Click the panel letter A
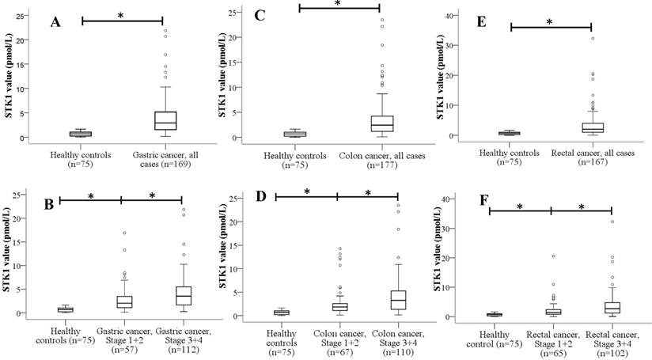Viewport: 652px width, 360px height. tap(55, 22)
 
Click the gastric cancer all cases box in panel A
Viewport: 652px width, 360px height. tap(165, 120)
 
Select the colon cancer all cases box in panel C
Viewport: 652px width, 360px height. tap(382, 123)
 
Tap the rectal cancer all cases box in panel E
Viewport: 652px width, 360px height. tap(593, 128)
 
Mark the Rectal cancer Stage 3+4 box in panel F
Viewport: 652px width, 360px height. tap(589, 307)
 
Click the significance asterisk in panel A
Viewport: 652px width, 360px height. tap(121, 15)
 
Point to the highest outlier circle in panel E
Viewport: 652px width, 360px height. tap(593, 38)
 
